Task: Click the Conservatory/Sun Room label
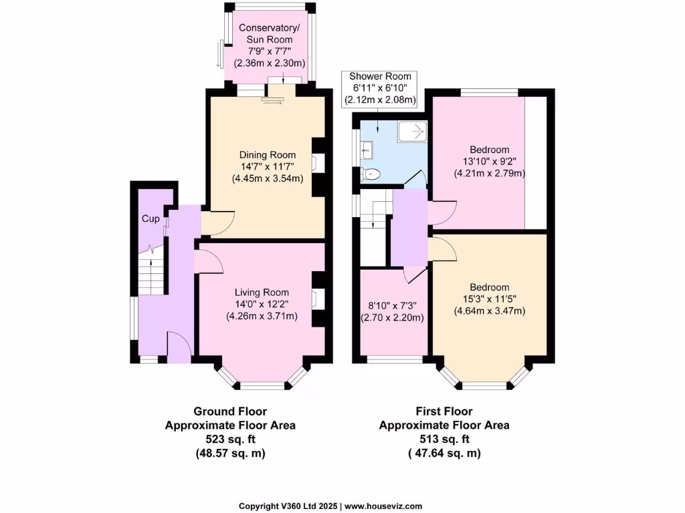(270, 34)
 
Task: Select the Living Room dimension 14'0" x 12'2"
(262, 304)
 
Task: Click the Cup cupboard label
(150, 219)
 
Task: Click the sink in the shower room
(366, 150)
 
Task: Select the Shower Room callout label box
(379, 88)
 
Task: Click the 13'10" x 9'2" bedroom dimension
(480, 161)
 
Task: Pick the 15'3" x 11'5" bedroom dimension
(490, 299)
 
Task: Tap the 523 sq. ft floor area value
(230, 439)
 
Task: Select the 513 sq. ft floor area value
(444, 439)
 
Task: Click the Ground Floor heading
(230, 411)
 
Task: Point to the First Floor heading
(444, 411)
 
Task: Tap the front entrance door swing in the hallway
(180, 345)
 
